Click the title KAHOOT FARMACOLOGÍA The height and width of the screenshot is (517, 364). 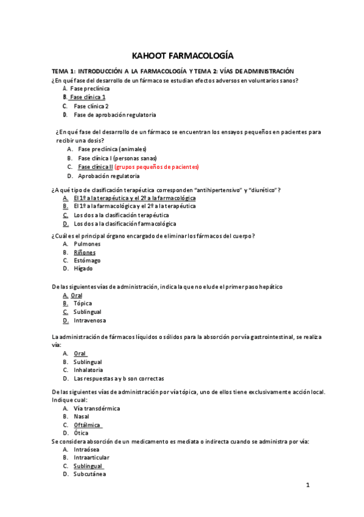(182, 55)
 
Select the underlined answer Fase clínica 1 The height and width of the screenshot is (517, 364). (88, 97)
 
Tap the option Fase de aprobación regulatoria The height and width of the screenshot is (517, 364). (114, 115)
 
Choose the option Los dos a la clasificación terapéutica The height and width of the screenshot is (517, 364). (121, 215)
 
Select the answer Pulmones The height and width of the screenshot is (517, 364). (88, 243)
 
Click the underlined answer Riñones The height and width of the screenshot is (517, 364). (85, 252)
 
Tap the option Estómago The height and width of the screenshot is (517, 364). (87, 260)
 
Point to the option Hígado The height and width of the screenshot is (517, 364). (83, 269)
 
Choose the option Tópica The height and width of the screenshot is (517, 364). (83, 303)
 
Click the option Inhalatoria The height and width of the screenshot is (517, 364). (88, 370)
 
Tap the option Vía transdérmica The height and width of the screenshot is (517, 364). (97, 408)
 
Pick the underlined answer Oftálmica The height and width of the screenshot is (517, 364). (87, 425)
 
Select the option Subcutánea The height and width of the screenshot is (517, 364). (89, 474)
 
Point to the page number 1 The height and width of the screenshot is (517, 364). (308, 485)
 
